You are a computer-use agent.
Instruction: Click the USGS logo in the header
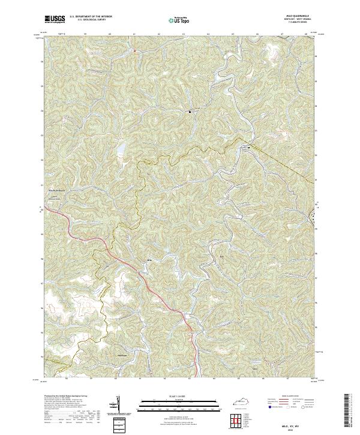pos(55,19)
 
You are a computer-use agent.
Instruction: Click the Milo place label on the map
pos(148,259)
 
